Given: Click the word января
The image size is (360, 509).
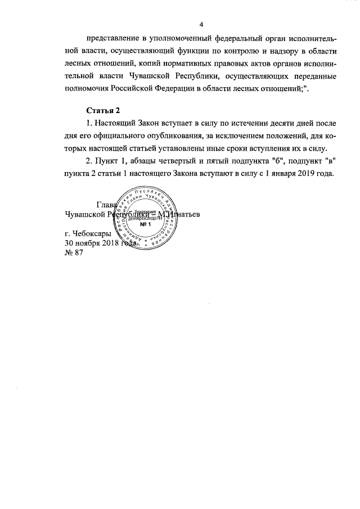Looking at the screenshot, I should coord(280,174).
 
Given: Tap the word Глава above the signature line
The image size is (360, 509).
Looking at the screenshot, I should coord(106,205).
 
